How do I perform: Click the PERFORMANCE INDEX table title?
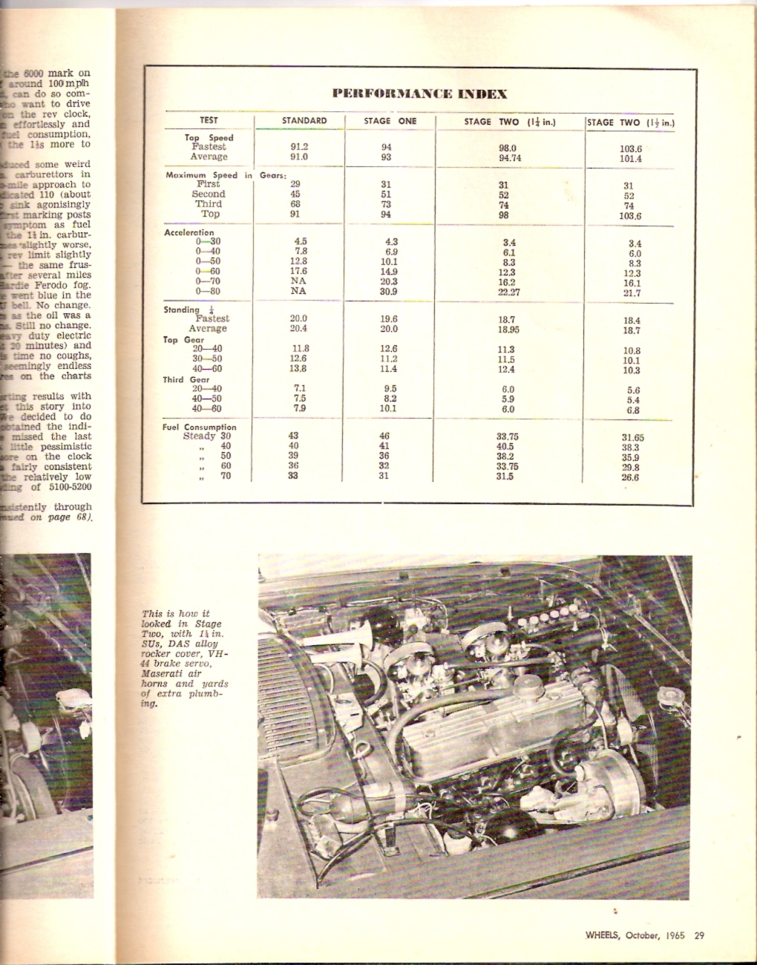(419, 94)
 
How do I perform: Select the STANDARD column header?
(304, 121)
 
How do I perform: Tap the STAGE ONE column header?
(390, 121)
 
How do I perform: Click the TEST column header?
(209, 120)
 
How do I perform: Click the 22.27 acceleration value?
(508, 292)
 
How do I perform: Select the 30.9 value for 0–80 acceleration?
(389, 292)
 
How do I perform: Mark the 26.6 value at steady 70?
(631, 477)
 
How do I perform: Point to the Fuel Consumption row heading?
(200, 428)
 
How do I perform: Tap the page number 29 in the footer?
(699, 935)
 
